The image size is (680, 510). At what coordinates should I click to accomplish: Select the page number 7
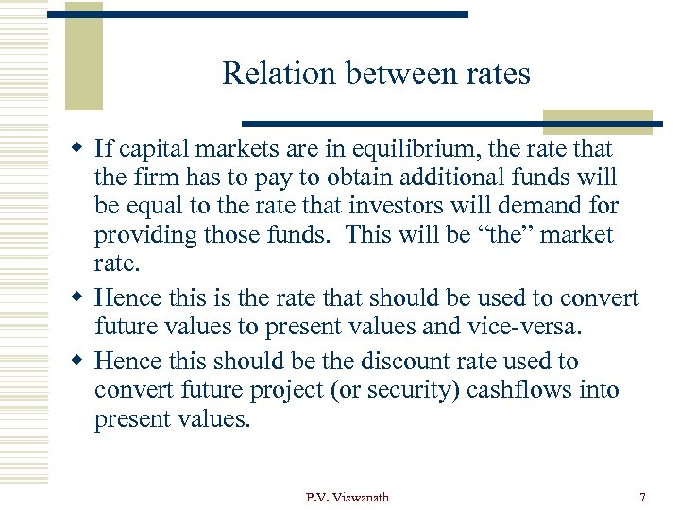[643, 498]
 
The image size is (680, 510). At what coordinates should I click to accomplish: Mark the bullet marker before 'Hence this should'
[81, 362]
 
